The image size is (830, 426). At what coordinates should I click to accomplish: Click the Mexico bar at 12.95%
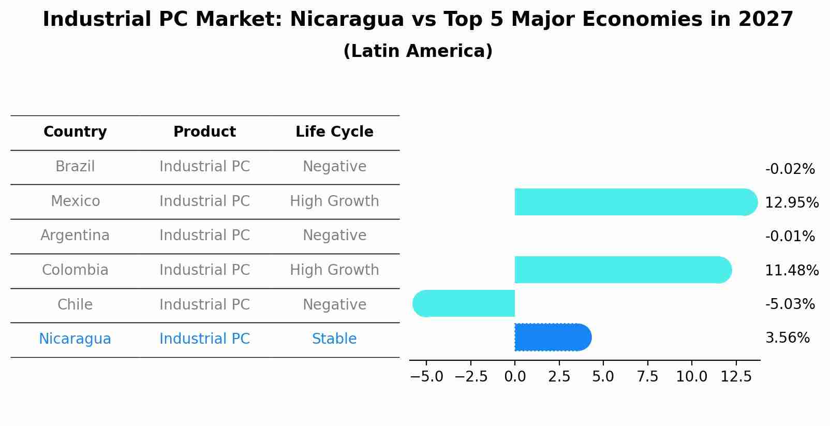635,202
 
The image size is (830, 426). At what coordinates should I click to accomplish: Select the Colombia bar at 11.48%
622,270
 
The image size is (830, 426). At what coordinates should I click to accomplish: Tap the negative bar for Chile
464,303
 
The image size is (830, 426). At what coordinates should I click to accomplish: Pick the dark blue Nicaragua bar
553,337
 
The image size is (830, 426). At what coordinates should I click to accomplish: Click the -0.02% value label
790,169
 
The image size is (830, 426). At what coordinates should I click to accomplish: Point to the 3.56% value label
787,338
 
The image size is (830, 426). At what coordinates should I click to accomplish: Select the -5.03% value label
790,304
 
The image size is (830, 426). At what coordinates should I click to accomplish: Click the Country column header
75,132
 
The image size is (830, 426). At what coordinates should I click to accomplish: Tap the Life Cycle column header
334,132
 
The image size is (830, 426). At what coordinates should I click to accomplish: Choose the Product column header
204,132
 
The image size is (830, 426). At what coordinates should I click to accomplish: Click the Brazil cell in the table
75,167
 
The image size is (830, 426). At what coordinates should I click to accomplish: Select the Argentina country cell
75,236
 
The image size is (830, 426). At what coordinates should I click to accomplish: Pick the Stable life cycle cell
334,339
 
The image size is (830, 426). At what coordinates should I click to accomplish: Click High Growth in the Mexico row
334,201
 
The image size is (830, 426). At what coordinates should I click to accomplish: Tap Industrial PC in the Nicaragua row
204,339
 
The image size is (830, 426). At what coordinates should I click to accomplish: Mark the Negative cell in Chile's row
334,304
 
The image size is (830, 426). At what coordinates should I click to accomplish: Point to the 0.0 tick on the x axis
515,377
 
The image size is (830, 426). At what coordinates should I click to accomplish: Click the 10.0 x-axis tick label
691,377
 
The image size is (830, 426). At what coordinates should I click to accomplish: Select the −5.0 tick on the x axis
426,377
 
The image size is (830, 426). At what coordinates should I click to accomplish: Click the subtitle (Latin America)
418,51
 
